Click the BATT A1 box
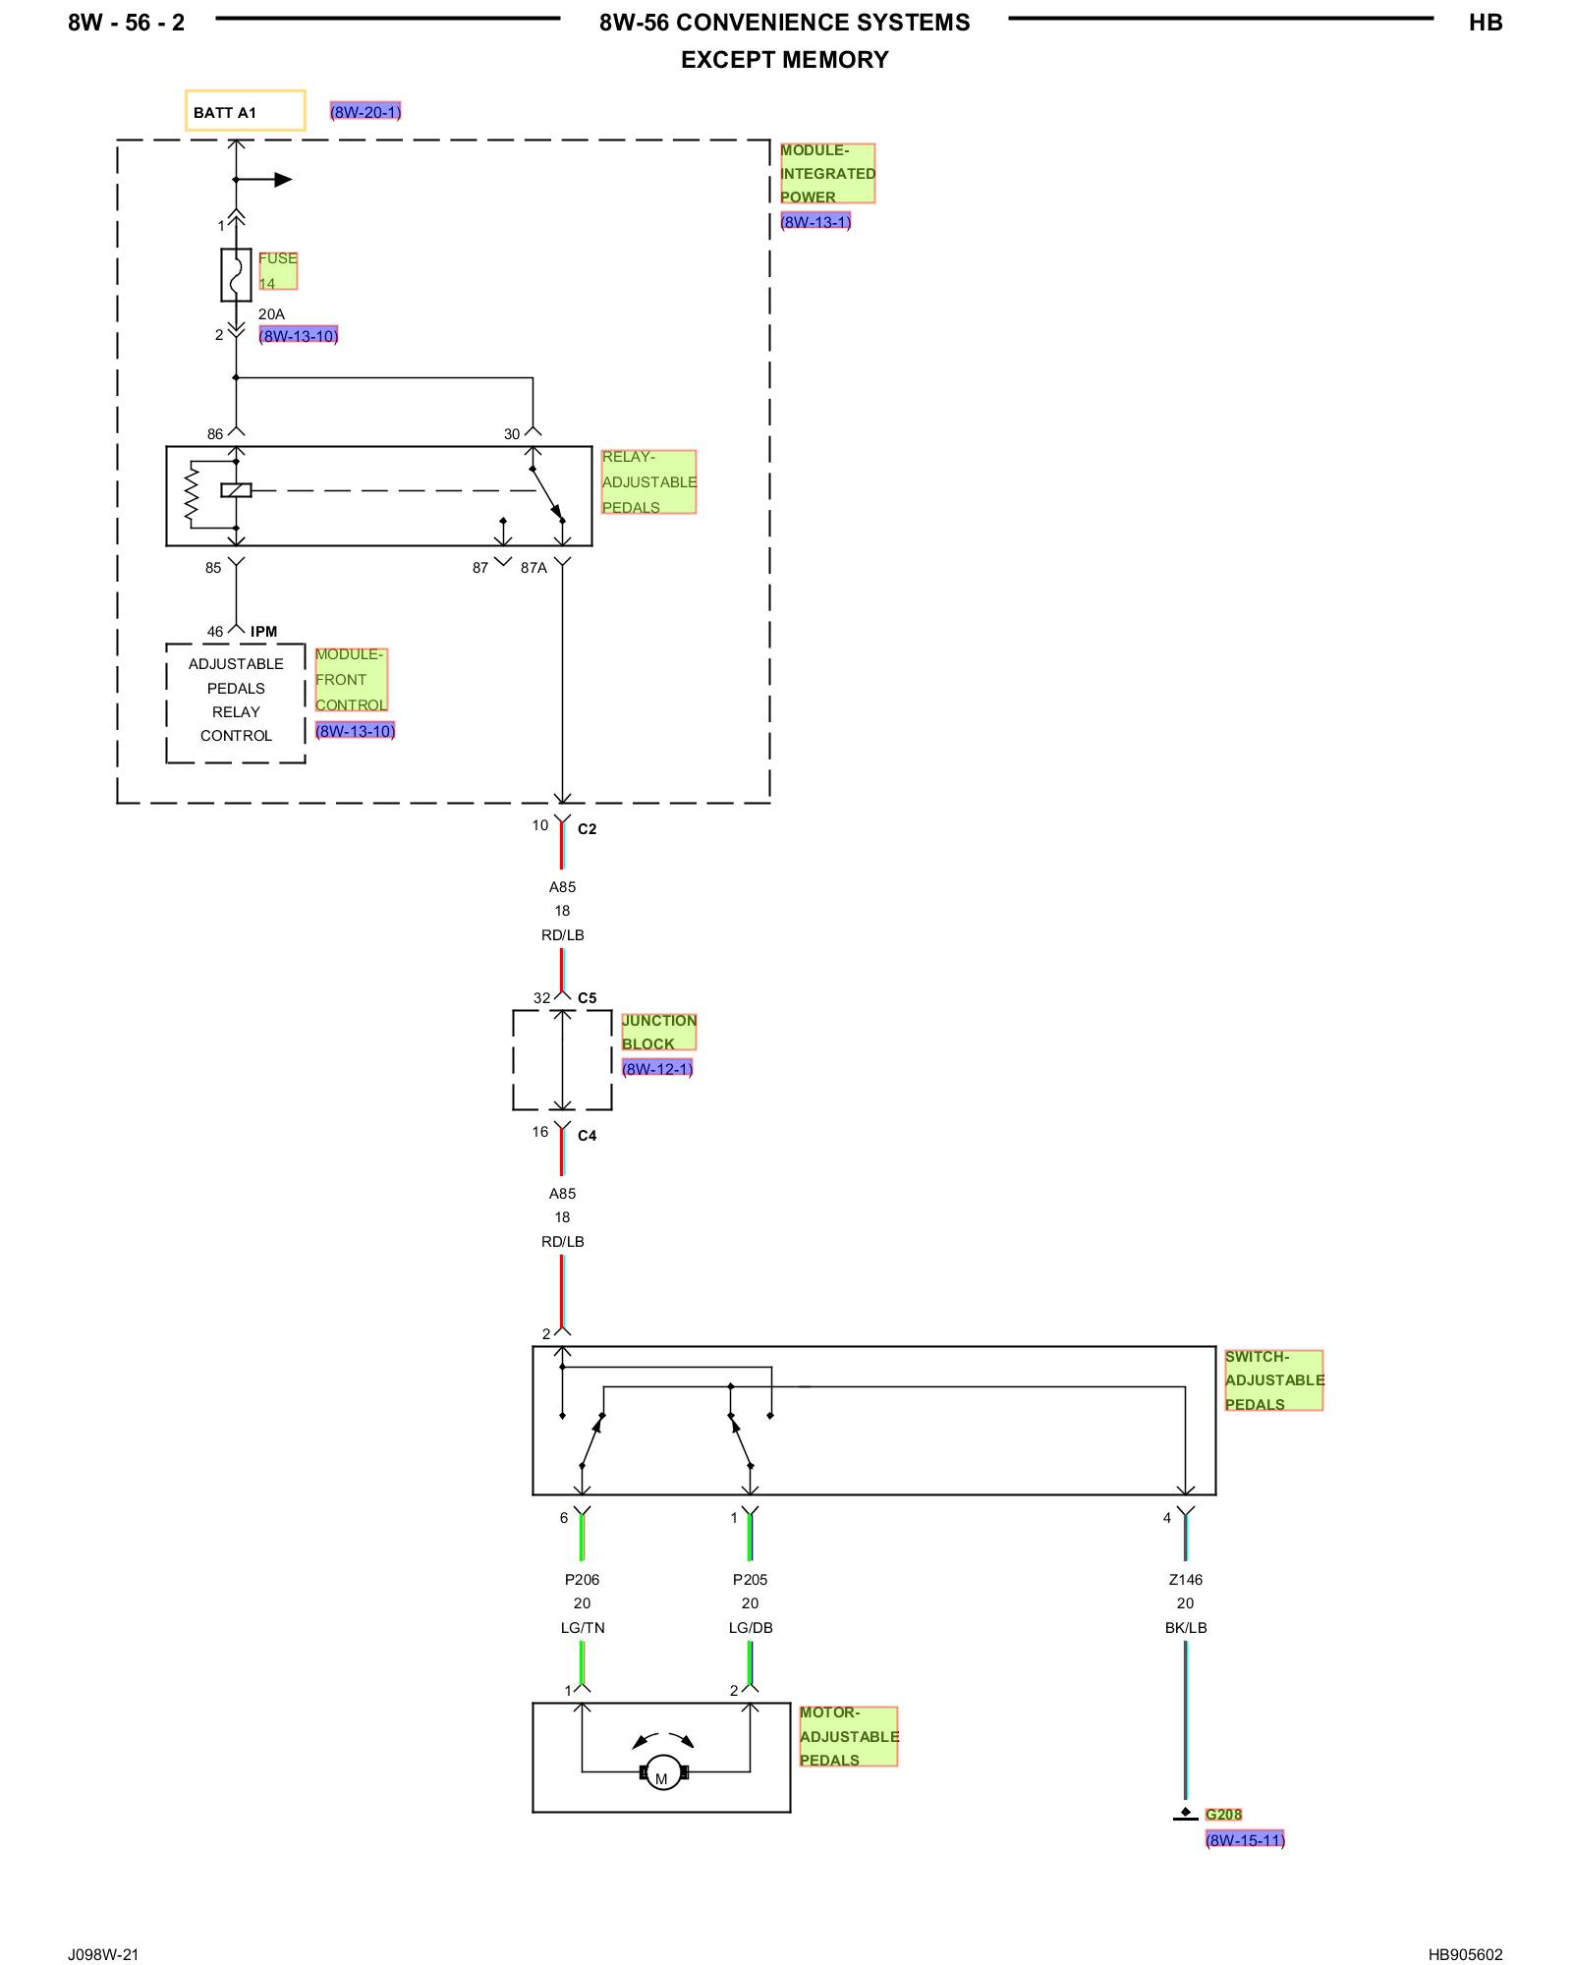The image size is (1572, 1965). point(246,110)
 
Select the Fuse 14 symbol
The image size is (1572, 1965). point(236,274)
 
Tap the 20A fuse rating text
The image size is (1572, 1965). point(271,314)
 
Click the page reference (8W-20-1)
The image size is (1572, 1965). point(365,112)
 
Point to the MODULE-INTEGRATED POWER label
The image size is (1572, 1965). point(827,174)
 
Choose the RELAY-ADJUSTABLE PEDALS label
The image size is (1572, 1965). point(648,481)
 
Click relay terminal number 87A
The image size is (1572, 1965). point(533,568)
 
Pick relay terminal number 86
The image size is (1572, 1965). point(215,433)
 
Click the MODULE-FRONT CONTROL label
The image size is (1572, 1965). point(351,680)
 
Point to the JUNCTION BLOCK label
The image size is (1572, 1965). point(658,1032)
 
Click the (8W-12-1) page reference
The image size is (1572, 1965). point(657,1068)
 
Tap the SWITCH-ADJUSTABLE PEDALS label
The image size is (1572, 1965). point(1273,1380)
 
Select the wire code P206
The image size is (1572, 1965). point(582,1580)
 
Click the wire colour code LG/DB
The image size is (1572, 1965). point(751,1628)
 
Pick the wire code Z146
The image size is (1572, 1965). point(1186,1580)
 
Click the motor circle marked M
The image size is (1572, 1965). point(662,1772)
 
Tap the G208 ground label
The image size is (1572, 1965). point(1223,1815)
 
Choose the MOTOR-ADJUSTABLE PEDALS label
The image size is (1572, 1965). point(849,1736)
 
